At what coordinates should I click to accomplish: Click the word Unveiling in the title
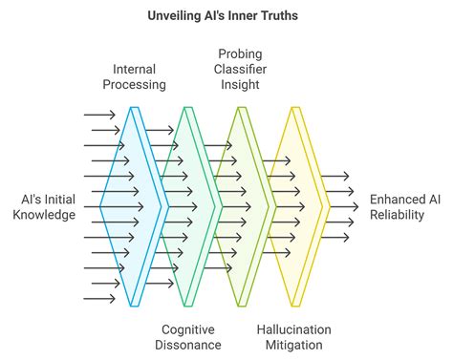pos(175,16)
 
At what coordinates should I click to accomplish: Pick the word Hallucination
pos(295,329)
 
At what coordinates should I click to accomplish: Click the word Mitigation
pos(295,345)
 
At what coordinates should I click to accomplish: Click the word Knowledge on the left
pos(44,215)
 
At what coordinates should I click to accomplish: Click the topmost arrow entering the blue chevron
pos(99,115)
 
